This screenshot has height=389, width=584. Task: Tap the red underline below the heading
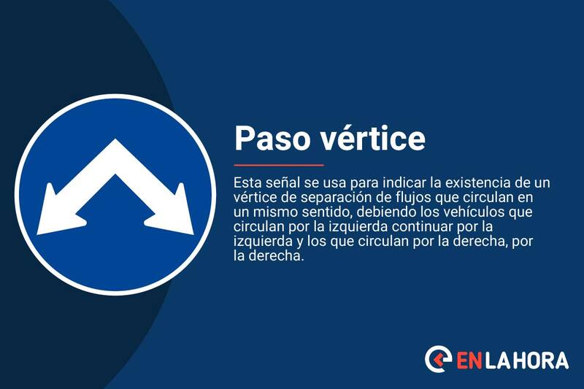278,165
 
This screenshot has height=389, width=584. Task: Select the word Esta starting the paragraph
247,182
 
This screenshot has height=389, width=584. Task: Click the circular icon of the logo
438,360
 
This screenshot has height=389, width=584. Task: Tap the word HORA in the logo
541,360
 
